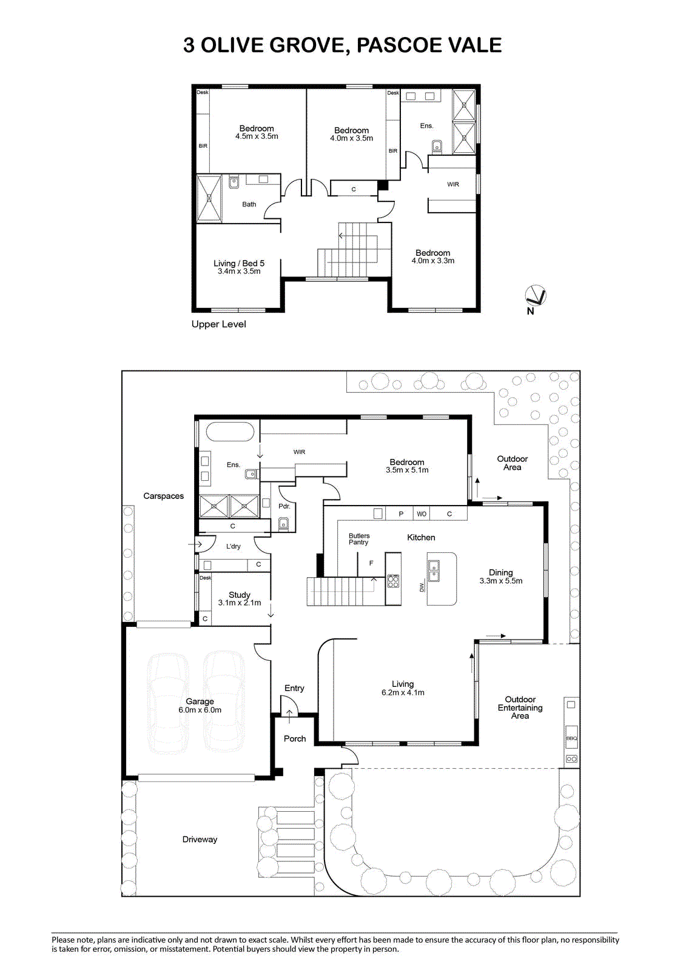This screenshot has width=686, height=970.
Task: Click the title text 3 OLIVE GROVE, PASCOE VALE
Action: tap(342, 45)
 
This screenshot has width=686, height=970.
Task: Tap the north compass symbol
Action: tap(535, 296)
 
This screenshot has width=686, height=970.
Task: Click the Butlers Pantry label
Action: tap(359, 539)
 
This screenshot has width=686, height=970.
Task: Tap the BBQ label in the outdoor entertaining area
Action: tap(571, 738)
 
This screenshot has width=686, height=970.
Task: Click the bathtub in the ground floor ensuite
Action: tap(230, 432)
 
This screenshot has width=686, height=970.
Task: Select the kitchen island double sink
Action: tap(434, 570)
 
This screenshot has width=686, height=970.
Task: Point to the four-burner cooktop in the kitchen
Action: tap(393, 581)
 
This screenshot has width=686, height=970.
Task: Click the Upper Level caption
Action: tap(218, 324)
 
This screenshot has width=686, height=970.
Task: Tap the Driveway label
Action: tap(200, 839)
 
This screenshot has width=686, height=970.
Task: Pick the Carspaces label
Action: tap(163, 497)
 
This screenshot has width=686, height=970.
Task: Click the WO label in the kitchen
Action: tap(422, 514)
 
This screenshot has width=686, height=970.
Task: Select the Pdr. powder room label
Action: tap(284, 506)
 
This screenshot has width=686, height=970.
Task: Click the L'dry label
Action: tap(233, 546)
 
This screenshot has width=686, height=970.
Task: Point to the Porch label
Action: tap(295, 738)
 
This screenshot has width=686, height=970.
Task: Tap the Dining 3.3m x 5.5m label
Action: tap(501, 577)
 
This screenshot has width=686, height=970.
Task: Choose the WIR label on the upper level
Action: tap(453, 184)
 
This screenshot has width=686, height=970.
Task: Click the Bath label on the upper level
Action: tap(249, 204)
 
